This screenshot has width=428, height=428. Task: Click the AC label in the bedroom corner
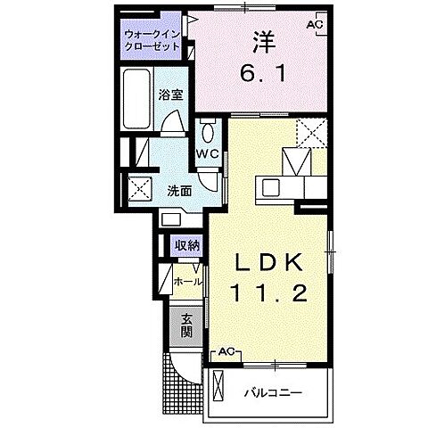(x=313, y=24)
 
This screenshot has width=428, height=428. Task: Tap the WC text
(x=208, y=153)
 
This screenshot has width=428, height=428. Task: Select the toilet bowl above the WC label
(x=207, y=133)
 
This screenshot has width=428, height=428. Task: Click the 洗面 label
(x=179, y=190)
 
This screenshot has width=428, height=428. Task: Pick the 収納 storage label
(x=186, y=245)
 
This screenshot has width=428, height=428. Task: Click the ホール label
(x=187, y=281)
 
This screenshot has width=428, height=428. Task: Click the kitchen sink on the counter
(x=270, y=187)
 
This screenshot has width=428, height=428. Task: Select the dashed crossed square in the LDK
(x=312, y=134)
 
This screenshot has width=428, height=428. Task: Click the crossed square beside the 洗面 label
(x=139, y=188)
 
